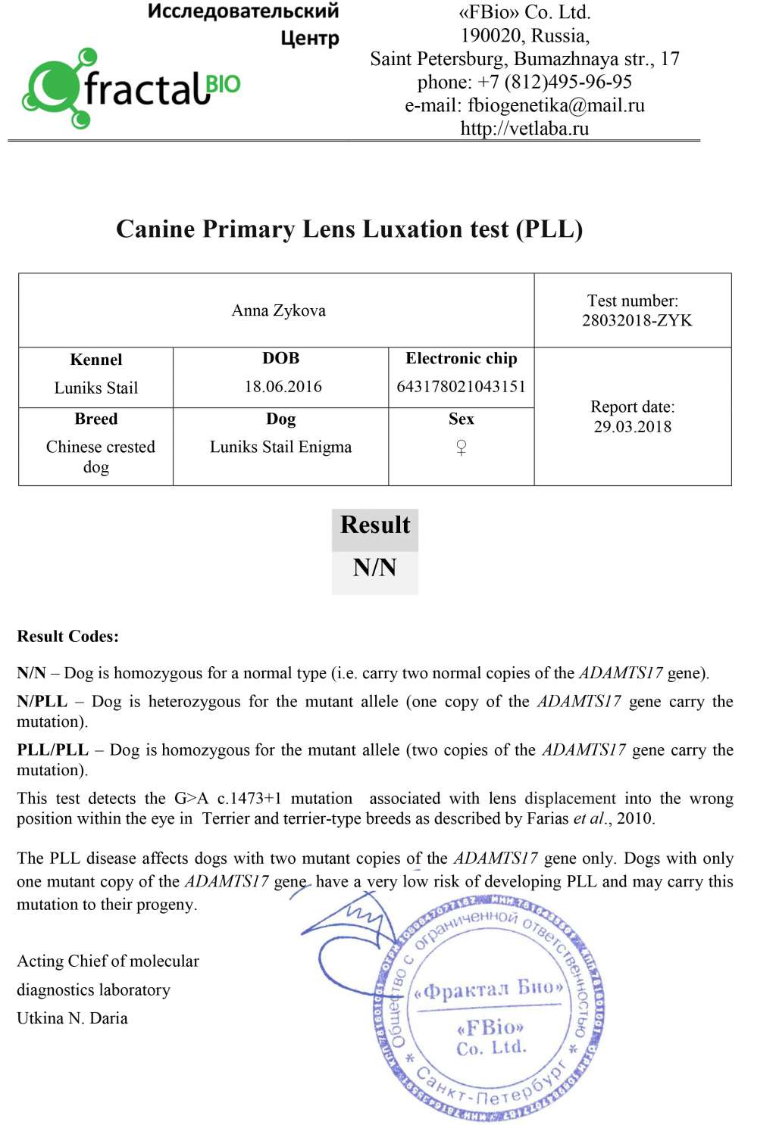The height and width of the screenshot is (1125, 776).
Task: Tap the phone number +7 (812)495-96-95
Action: pos(554,82)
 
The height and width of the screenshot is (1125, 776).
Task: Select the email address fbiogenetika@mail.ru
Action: pos(555,105)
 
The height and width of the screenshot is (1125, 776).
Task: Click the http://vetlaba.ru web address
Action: pos(524,129)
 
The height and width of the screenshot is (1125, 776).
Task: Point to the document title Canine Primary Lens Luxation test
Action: pos(349,229)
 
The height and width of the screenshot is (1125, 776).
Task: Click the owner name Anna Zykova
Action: pos(278,310)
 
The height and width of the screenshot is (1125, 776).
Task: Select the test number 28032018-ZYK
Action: pos(637,320)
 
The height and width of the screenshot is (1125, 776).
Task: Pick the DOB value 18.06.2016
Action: pos(283,387)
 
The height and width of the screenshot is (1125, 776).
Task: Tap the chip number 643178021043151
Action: pos(461,387)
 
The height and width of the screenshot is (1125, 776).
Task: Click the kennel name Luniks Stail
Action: pos(96,388)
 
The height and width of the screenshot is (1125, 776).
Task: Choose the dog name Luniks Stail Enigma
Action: pos(280,447)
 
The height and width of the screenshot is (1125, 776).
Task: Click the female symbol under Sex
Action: pos(461,447)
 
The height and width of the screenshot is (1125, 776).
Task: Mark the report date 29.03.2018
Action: pos(632,426)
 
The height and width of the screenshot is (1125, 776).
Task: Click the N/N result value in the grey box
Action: pos(374,568)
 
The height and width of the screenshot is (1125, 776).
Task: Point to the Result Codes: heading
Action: pos(68,636)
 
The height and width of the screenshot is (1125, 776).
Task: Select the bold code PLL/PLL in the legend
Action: pos(52,749)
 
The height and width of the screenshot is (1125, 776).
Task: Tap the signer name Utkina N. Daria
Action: pos(72,1018)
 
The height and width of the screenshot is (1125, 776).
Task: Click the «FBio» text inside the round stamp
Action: pos(490,1027)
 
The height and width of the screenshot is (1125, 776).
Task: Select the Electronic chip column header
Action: pos(461,358)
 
